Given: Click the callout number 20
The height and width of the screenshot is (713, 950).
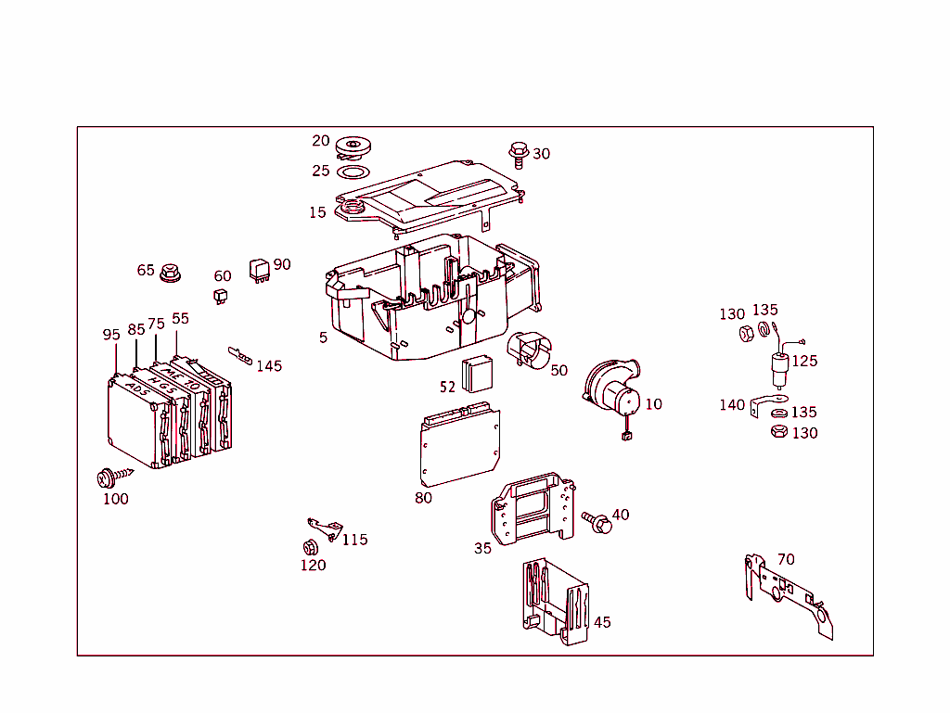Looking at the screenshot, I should pyautogui.click(x=321, y=141).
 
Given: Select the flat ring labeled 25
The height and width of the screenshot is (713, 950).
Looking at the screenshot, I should pyautogui.click(x=352, y=172).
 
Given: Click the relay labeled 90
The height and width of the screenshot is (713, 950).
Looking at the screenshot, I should pyautogui.click(x=259, y=269).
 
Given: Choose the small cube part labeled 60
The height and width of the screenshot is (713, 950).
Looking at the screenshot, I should pyautogui.click(x=221, y=296).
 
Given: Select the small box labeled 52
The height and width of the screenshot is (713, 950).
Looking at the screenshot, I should pyautogui.click(x=478, y=373).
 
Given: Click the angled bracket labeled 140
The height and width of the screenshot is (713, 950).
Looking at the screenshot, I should pyautogui.click(x=763, y=405).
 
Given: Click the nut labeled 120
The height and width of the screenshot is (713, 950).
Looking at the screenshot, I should pyautogui.click(x=309, y=547).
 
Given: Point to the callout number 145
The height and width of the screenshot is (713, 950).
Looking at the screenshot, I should pyautogui.click(x=269, y=366).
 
